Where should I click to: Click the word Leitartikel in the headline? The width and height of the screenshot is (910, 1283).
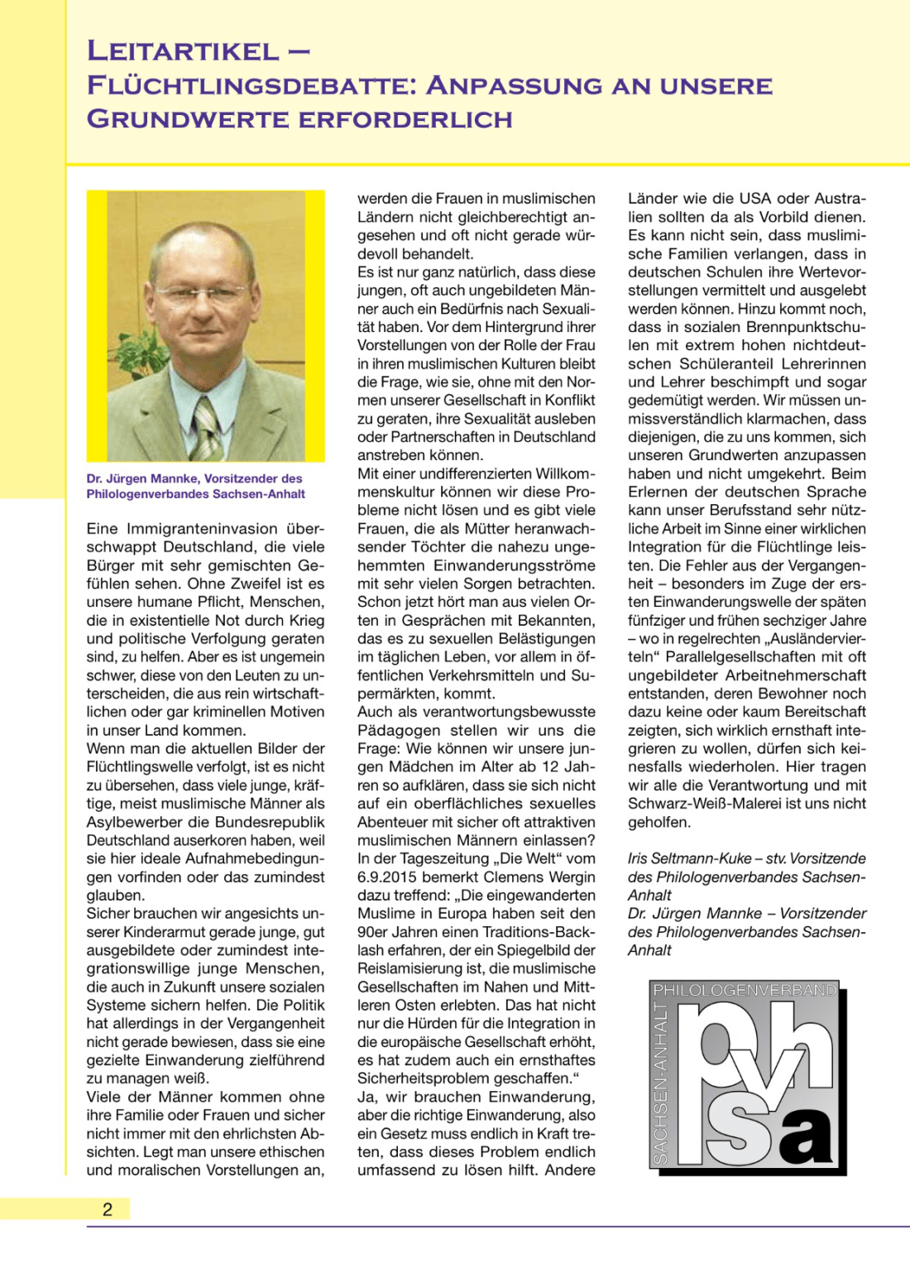pos(184,51)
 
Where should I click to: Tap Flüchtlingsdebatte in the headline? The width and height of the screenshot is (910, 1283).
pos(251,85)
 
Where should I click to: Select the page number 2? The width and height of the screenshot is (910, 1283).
pos(108,1209)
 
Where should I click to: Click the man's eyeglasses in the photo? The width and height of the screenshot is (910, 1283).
pos(203,292)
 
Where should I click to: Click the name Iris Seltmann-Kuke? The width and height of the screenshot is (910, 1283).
pos(690,859)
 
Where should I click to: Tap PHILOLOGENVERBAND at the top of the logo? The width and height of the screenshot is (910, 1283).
pos(745,990)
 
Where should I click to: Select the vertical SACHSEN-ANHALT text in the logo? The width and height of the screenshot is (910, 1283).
pos(661,1082)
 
